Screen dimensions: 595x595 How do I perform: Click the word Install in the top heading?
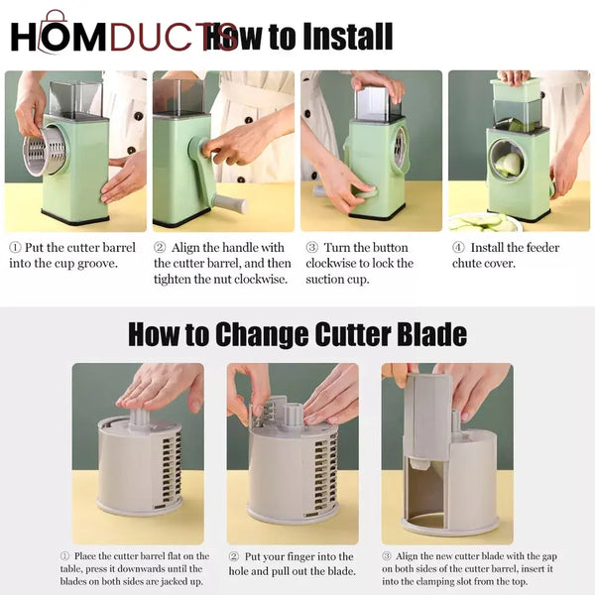(x=333, y=37)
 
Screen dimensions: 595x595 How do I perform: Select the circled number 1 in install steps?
(x=15, y=248)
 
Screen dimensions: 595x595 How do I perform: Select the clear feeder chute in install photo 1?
(x=75, y=98)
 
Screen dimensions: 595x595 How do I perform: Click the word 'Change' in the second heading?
(x=251, y=333)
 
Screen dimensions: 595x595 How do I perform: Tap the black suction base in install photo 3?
(x=377, y=212)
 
